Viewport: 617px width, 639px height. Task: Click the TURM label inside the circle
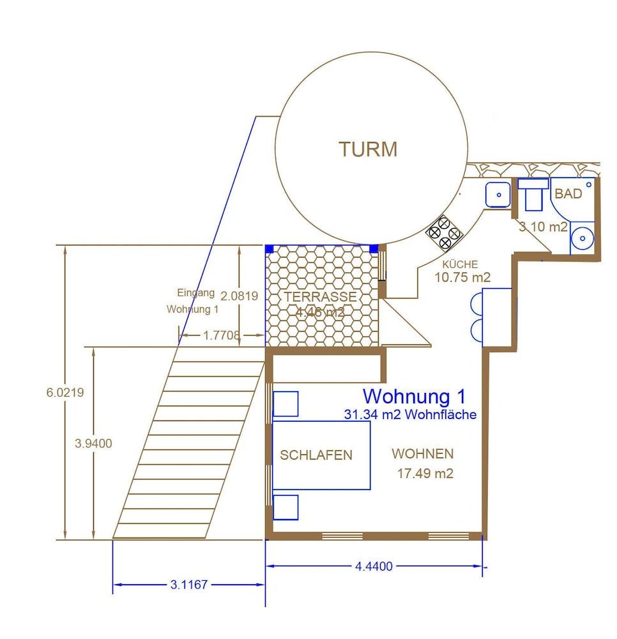(x=368, y=150)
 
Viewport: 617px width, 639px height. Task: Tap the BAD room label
(x=568, y=194)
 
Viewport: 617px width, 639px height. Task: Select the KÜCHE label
(x=460, y=265)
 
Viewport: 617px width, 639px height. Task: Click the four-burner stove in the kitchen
(x=444, y=233)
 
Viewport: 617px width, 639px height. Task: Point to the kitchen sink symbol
(x=498, y=194)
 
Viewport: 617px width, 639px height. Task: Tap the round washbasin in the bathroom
(x=582, y=238)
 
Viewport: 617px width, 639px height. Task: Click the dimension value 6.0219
(x=65, y=392)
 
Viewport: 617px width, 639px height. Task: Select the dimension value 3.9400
(x=94, y=443)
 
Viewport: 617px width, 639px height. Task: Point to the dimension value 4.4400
(x=374, y=566)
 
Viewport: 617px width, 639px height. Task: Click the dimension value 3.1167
(x=189, y=585)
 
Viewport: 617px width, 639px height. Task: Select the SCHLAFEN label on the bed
(x=316, y=455)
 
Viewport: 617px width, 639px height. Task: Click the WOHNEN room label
(x=423, y=454)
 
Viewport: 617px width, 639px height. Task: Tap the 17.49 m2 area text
(x=425, y=473)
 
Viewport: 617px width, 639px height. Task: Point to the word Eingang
(x=195, y=293)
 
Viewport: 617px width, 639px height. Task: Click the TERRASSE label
(x=320, y=297)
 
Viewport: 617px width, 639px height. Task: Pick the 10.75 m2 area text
(x=462, y=277)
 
